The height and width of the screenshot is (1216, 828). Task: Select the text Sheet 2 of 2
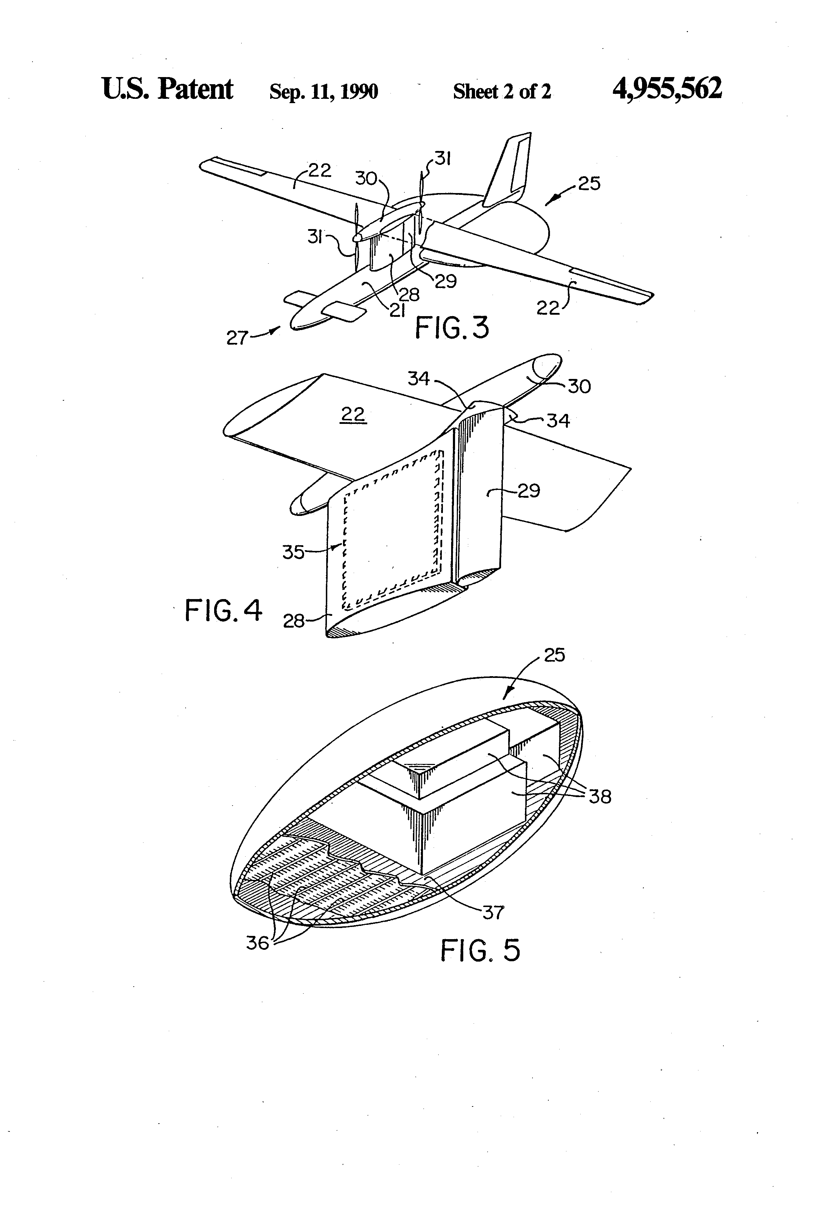[x=501, y=92]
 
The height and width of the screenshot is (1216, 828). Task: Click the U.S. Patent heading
[x=167, y=89]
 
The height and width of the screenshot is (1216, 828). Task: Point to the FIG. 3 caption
[x=452, y=328]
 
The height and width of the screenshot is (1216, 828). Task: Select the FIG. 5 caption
[x=480, y=951]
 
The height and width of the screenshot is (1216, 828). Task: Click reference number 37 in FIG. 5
[x=493, y=912]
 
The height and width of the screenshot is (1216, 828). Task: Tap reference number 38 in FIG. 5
[x=600, y=796]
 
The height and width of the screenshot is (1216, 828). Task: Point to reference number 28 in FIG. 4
[x=294, y=621]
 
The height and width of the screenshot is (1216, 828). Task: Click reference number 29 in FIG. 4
[x=529, y=491]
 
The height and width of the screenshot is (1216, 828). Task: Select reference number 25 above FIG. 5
[x=554, y=655]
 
